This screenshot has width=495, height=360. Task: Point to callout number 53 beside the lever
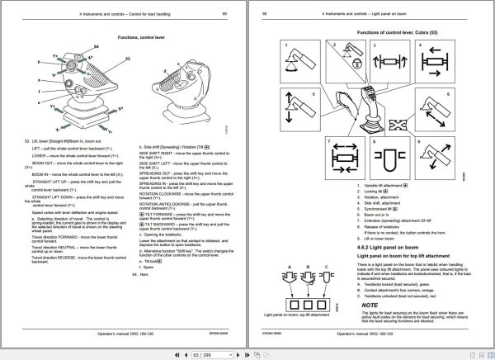(x=128, y=59)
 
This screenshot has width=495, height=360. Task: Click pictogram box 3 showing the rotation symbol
(x=382, y=57)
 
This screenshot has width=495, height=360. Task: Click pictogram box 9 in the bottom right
(x=435, y=154)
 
